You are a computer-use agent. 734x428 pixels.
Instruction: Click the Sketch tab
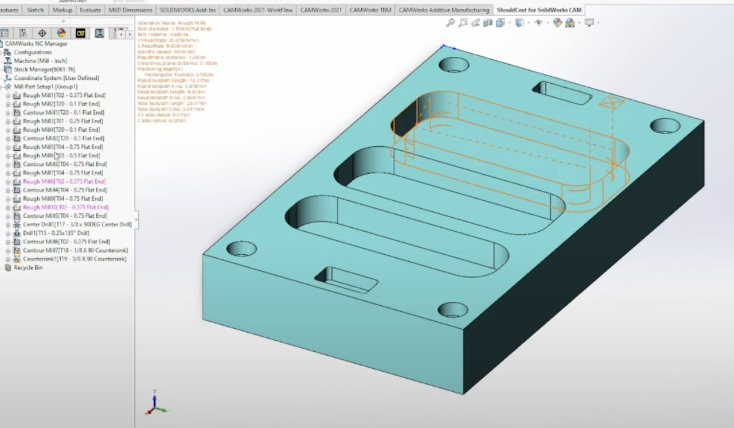pyautogui.click(x=35, y=10)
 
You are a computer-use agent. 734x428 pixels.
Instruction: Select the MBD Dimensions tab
pyautogui.click(x=131, y=10)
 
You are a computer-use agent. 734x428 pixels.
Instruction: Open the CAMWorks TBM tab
pyautogui.click(x=370, y=10)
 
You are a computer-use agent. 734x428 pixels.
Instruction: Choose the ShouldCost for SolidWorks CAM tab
pyautogui.click(x=538, y=10)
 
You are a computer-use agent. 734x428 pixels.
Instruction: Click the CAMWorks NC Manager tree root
pyautogui.click(x=36, y=44)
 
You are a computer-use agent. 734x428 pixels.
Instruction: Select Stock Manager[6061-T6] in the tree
pyautogui.click(x=44, y=69)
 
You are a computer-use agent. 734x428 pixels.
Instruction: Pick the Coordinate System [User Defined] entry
pyautogui.click(x=56, y=78)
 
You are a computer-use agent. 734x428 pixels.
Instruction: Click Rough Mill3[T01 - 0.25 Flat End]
pyautogui.click(x=63, y=121)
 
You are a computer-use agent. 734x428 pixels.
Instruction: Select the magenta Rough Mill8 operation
pyautogui.click(x=64, y=181)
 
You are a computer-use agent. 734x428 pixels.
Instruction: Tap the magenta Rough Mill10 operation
pyautogui.click(x=65, y=207)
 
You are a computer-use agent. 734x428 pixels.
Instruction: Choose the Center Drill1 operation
pyautogui.click(x=77, y=224)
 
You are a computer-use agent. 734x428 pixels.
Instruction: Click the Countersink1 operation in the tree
pyautogui.click(x=74, y=259)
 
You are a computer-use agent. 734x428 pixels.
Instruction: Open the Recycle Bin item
pyautogui.click(x=28, y=267)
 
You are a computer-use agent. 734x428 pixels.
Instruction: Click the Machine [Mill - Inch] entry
pyautogui.click(x=40, y=61)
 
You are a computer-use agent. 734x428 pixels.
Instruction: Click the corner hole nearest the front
pyautogui.click(x=452, y=310)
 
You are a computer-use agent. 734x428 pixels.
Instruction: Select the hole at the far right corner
pyautogui.click(x=665, y=125)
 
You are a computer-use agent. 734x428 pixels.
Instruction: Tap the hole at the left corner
pyautogui.click(x=241, y=248)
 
